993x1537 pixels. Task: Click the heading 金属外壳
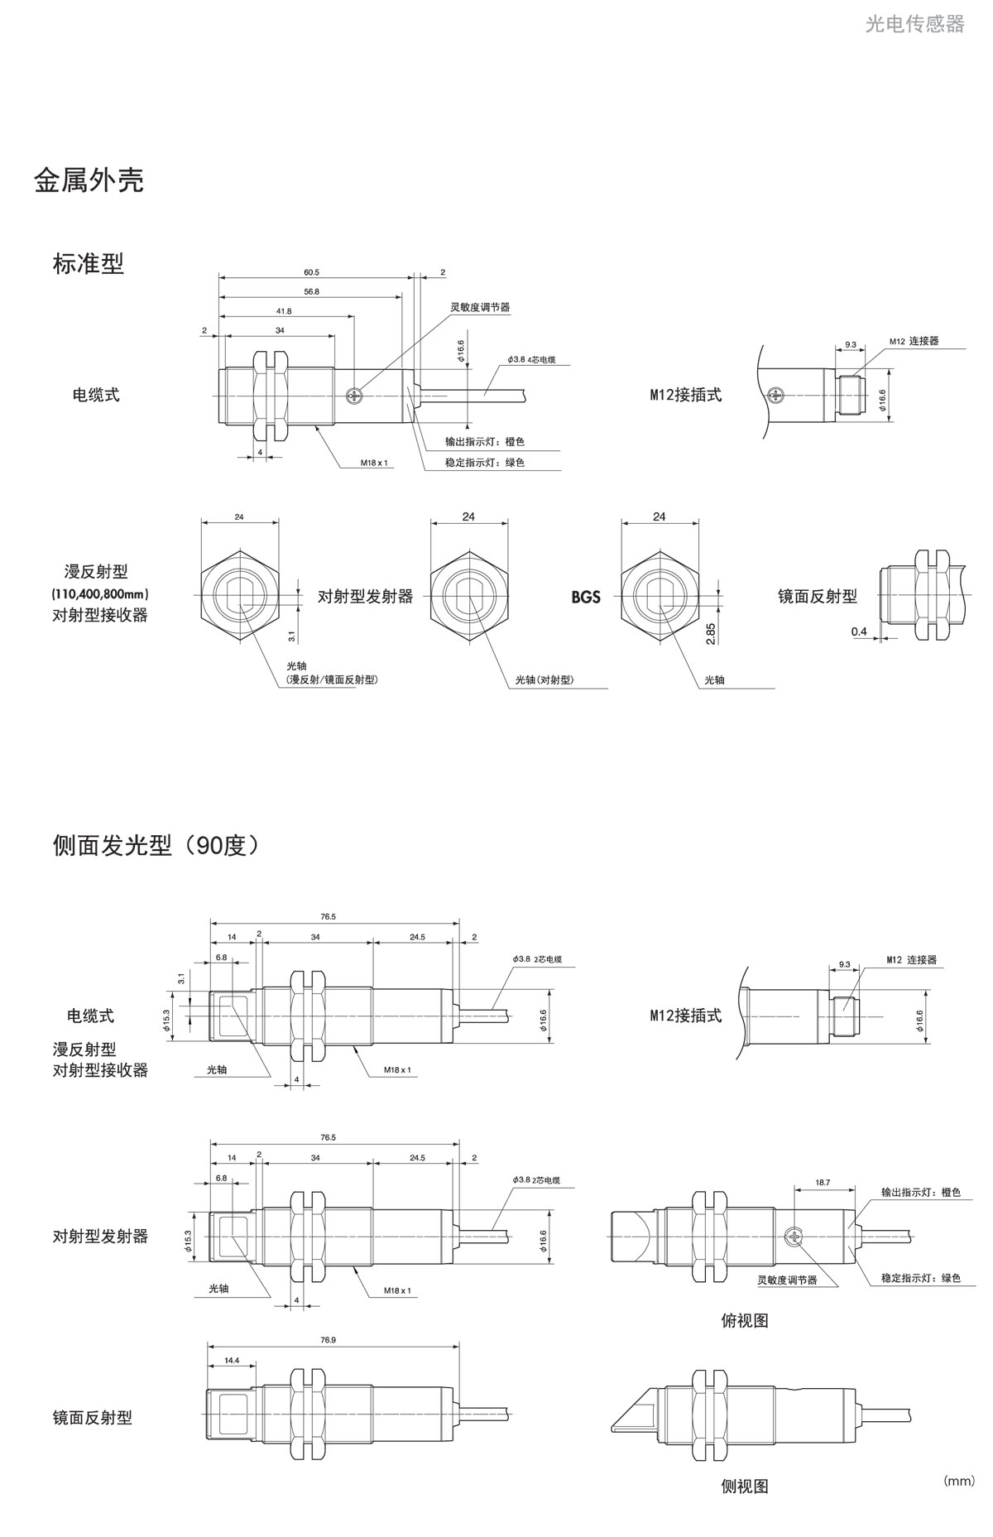point(89,180)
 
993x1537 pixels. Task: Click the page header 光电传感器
point(914,24)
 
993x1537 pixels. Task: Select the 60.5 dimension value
point(311,272)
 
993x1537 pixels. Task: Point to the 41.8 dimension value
point(283,311)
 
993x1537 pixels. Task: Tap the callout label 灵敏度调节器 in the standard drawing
point(480,307)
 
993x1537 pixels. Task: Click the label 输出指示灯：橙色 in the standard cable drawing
point(484,442)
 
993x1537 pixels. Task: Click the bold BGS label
point(585,597)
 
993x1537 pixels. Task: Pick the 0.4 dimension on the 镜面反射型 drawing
point(858,632)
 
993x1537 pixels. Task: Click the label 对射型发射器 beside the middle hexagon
point(365,597)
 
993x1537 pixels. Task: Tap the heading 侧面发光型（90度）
point(156,845)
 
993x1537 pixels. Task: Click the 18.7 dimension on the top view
point(822,1184)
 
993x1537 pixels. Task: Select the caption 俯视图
point(744,1321)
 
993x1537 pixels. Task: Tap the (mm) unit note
point(958,1481)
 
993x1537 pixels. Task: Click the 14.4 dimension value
point(231,1360)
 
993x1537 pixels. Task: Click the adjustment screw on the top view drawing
point(793,1237)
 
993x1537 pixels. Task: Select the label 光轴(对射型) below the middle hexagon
point(544,680)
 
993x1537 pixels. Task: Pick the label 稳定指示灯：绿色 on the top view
point(920,1278)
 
